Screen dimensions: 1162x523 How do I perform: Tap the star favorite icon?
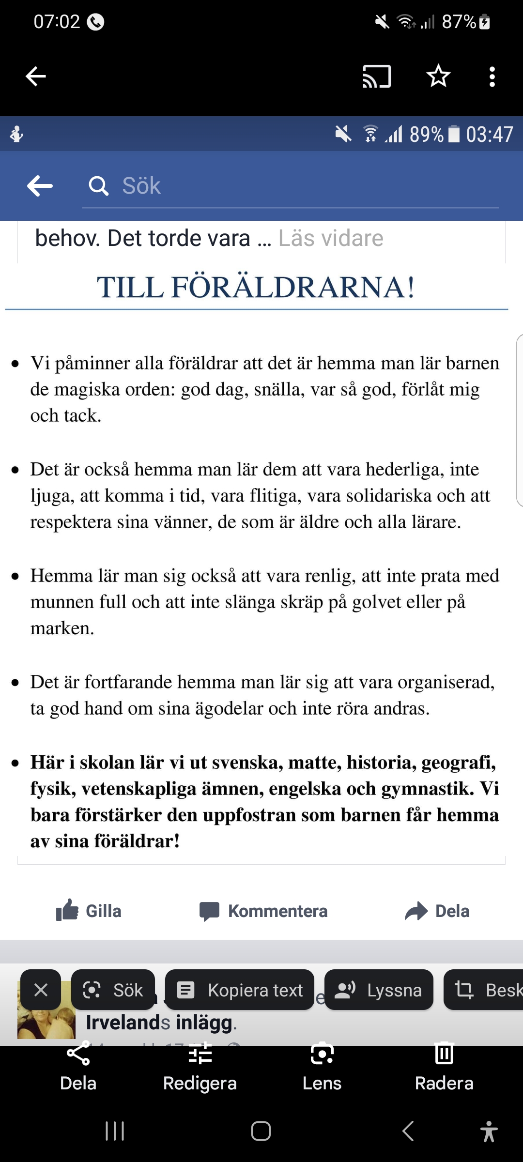pyautogui.click(x=438, y=76)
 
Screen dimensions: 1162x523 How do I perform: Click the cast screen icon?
pyautogui.click(x=377, y=76)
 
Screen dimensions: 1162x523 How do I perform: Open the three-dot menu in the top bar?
pyautogui.click(x=492, y=76)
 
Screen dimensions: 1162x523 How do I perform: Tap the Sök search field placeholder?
pyautogui.click(x=141, y=186)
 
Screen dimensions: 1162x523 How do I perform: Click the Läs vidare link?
pyautogui.click(x=331, y=238)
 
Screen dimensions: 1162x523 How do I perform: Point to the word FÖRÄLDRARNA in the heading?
pyautogui.click(x=292, y=287)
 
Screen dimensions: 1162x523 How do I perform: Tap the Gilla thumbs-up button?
pyautogui.click(x=89, y=911)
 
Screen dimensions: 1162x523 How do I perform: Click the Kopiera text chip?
pyautogui.click(x=240, y=990)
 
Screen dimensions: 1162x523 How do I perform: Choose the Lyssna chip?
pyautogui.click(x=379, y=990)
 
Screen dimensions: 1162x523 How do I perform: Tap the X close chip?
pyautogui.click(x=41, y=990)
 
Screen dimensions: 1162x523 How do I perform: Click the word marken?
pyautogui.click(x=62, y=628)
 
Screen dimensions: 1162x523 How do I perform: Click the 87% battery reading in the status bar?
pyautogui.click(x=459, y=22)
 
